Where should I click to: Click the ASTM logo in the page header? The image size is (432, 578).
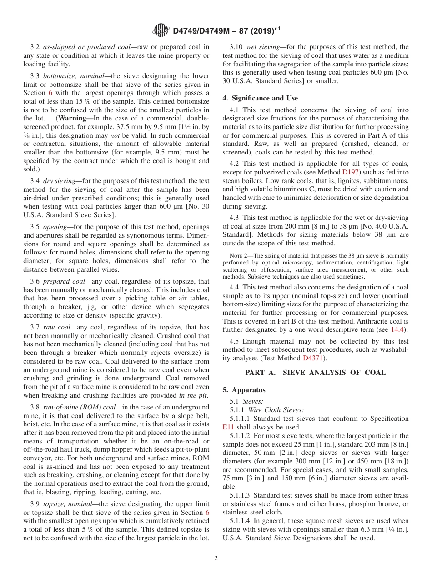point(161,31)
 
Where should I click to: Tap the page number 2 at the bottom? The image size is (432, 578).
point(216,558)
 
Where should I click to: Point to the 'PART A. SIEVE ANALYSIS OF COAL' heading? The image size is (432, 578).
point(315,373)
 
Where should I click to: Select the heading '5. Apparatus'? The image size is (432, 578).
point(244,390)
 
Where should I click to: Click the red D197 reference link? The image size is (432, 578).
point(351,172)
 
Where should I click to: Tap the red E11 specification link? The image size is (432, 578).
point(228,427)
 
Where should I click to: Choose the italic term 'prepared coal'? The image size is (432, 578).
point(64,282)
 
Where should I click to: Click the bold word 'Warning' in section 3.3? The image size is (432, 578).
point(77,118)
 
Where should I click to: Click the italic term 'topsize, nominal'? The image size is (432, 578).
point(69,504)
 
